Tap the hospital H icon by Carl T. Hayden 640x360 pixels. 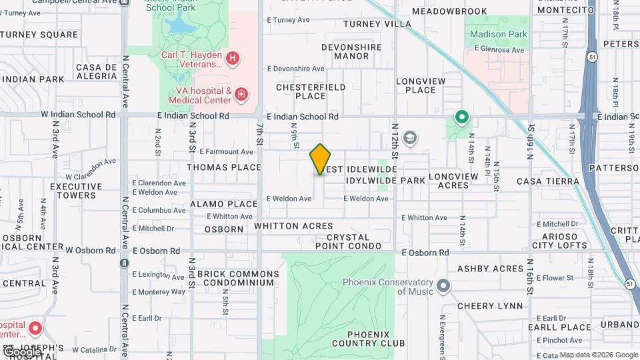tap(232, 59)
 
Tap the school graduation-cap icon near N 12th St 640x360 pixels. tap(410, 138)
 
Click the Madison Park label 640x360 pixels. tap(498, 34)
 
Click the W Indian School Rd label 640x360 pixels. tap(78, 115)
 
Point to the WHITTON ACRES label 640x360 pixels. tap(293, 227)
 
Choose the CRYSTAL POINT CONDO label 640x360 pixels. tap(348, 242)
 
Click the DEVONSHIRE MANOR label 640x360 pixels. tap(351, 51)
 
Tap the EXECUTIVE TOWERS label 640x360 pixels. tap(76, 191)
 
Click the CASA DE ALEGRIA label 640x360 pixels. tap(97, 72)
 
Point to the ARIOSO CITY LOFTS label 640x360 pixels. tap(559, 240)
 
